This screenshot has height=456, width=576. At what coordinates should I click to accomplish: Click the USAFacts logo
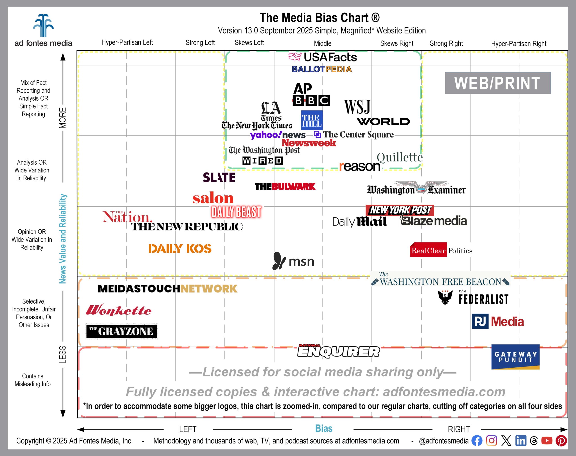323,57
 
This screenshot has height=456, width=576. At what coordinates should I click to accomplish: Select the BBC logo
311,101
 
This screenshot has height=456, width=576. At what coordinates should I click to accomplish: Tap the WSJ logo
357,107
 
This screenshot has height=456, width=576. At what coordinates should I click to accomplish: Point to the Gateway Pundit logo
515,357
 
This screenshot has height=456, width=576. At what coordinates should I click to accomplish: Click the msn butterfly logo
279,261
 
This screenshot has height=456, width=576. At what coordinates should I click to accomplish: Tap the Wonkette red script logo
119,311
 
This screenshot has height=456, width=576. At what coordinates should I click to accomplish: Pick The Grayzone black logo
121,331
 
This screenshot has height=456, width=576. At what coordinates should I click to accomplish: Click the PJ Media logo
498,322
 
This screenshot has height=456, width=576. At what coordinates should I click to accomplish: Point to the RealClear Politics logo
441,250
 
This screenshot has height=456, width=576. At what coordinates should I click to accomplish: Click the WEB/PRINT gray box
497,83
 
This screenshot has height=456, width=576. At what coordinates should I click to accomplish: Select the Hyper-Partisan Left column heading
127,42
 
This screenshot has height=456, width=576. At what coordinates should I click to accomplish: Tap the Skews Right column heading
397,43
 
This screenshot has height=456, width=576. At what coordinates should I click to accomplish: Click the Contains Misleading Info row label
33,380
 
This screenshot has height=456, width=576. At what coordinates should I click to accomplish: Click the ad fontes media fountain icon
43,26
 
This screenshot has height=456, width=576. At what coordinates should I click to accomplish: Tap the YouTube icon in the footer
547,441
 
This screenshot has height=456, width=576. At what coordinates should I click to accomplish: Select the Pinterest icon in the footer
561,441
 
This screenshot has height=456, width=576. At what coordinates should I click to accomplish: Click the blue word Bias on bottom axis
324,429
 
